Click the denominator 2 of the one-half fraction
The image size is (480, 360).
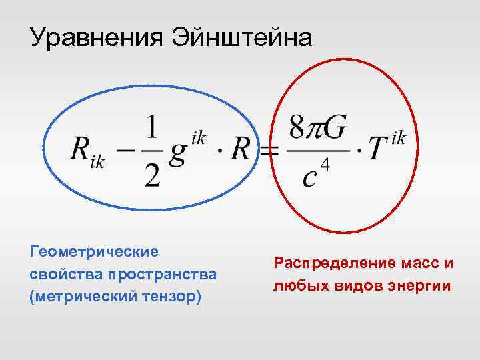coord(153,174)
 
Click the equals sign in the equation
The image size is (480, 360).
coord(269,152)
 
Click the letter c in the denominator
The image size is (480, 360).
coord(309,177)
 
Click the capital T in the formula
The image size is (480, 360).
coord(378,150)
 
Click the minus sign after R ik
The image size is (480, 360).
coord(122,152)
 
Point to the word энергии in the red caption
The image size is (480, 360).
coord(420,286)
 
